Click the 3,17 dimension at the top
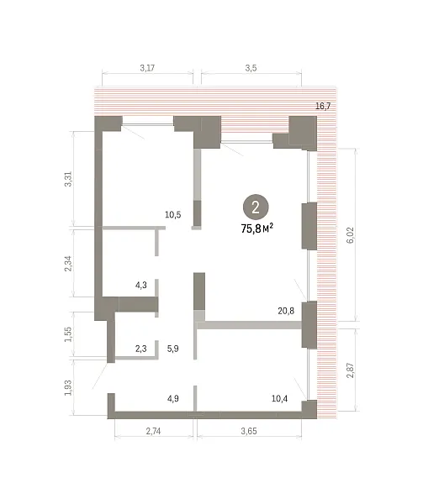147,68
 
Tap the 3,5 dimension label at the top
251,68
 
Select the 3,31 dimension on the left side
68,179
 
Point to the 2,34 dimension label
68,264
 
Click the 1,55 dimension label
68,334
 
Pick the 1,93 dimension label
68,388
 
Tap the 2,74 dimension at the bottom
153,431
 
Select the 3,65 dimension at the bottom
249,431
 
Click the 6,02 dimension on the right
351,235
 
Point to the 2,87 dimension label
351,370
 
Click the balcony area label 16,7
323,106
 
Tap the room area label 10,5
173,214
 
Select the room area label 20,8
286,311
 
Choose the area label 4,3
141,285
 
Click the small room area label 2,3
141,349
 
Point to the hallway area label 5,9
173,349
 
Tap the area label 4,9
173,398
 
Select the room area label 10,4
279,398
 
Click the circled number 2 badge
256,207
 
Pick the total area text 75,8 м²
257,228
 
